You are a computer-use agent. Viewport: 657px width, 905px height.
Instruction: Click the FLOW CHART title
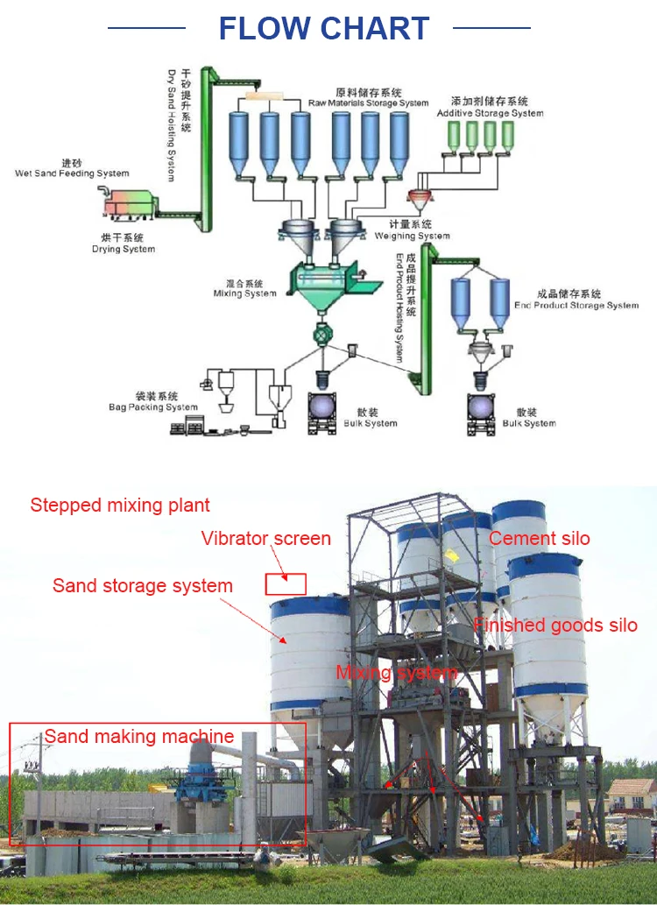point(323,28)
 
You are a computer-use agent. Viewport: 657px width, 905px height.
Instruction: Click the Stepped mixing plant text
point(120,506)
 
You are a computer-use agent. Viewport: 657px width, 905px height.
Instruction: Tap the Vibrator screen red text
point(265,539)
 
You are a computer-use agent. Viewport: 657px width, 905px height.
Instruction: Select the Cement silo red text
point(539,539)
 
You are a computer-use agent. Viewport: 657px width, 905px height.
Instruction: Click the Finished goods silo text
point(555,626)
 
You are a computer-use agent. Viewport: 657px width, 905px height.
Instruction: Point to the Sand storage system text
point(142,585)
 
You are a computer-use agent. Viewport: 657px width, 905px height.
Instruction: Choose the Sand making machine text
point(138,737)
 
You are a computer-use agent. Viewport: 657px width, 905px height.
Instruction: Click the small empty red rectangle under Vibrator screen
point(286,584)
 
